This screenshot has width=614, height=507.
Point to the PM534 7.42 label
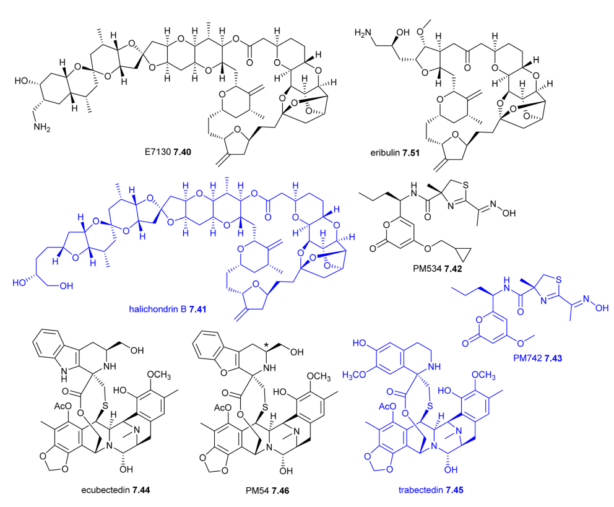433,253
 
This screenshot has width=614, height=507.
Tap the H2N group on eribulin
361,32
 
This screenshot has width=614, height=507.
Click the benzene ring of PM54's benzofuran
206,341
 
